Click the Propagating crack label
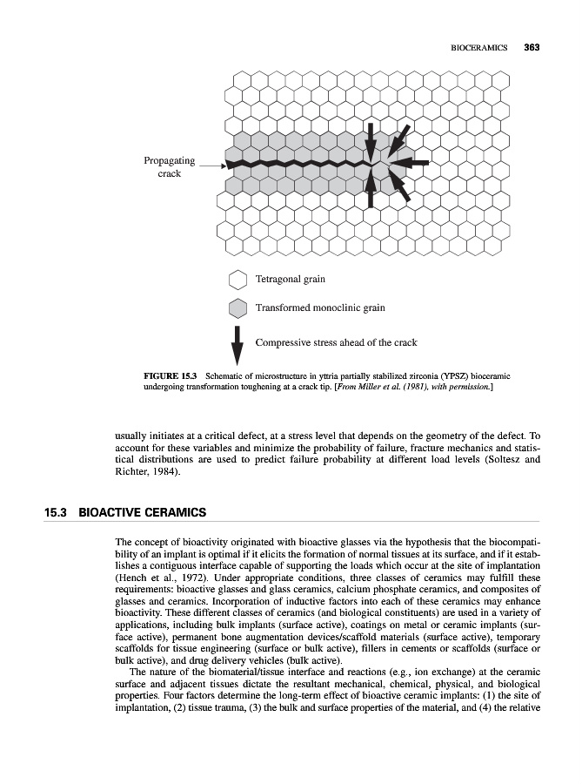click(x=170, y=167)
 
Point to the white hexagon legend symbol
click(x=237, y=280)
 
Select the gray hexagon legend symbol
click(x=237, y=308)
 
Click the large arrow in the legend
click(x=237, y=345)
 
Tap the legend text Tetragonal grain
click(x=290, y=280)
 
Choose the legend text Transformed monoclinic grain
click(x=319, y=308)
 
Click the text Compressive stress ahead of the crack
click(x=336, y=342)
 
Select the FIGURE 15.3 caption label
click(x=170, y=375)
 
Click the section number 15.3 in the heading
click(x=57, y=512)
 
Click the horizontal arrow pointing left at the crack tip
click(x=414, y=163)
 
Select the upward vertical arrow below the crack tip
click(x=371, y=188)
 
